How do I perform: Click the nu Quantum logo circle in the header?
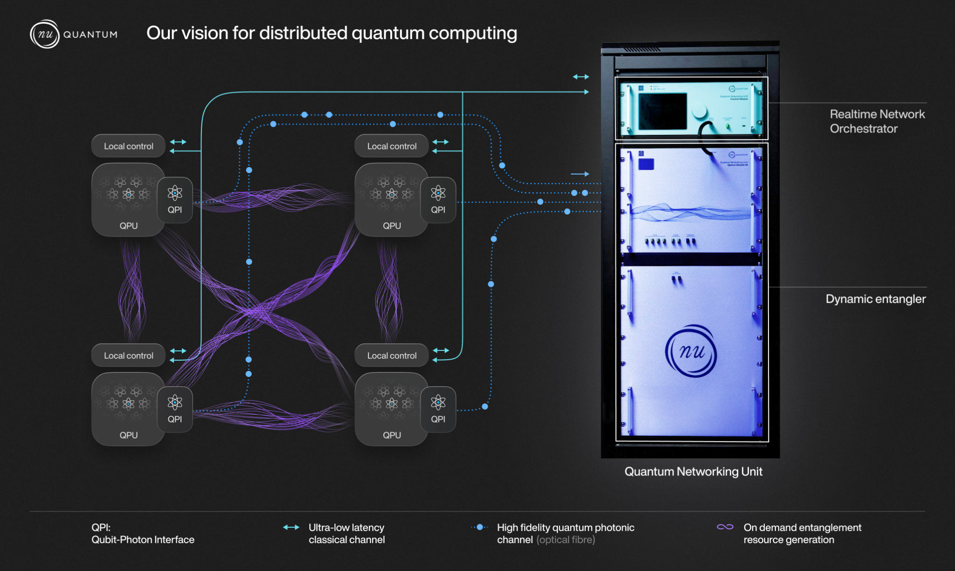45,34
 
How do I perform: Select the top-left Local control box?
128,146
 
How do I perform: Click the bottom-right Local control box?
391,355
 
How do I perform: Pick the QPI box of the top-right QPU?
438,200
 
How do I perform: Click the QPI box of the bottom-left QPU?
175,409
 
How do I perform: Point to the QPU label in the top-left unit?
129,226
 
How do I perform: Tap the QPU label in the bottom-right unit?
392,435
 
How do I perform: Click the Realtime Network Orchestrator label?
877,121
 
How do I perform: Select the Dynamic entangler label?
875,299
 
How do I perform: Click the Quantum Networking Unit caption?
693,472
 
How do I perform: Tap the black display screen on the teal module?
662,111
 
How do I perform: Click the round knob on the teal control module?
699,111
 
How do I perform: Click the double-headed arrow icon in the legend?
291,527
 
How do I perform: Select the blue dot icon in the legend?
480,527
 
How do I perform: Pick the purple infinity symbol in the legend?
725,527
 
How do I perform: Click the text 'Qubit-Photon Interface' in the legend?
143,540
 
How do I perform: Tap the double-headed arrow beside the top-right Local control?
440,141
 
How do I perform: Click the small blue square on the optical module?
646,164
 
